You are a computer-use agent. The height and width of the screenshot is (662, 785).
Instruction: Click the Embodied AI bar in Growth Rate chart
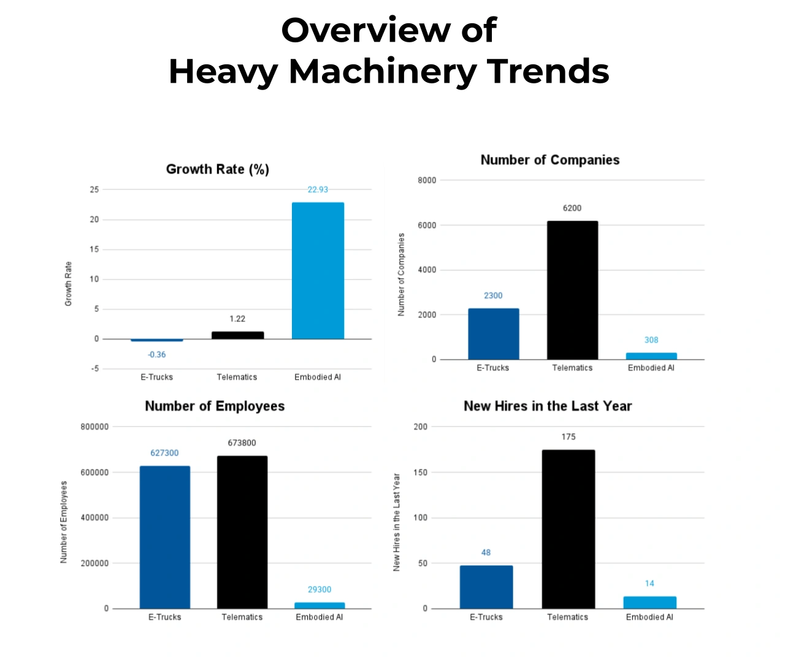318,270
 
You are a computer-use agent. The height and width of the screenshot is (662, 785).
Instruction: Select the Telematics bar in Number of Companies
572,290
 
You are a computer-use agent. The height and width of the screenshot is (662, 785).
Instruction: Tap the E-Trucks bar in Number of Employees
165,537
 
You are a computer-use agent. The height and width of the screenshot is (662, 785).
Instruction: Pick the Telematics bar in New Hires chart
568,529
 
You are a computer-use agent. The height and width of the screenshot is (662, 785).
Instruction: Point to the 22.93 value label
318,189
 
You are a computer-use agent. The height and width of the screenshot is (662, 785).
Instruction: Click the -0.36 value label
157,354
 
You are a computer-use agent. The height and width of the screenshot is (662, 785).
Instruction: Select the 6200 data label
572,208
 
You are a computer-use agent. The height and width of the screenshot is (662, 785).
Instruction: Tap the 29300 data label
320,590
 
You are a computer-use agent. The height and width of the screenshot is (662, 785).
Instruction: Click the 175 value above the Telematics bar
569,437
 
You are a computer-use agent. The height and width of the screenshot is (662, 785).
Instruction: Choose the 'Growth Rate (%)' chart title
218,169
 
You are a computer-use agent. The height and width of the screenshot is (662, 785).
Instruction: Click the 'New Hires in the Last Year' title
548,406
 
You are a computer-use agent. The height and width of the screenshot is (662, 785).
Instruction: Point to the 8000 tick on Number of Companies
427,180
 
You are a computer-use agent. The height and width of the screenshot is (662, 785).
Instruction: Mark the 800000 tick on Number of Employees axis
94,427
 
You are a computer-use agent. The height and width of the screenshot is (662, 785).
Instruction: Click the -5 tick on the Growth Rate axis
95,369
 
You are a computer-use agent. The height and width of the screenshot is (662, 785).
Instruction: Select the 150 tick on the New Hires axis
421,473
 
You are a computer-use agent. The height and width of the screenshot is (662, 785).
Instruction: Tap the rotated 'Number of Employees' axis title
64,522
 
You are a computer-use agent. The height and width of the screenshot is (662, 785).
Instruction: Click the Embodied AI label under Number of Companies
651,368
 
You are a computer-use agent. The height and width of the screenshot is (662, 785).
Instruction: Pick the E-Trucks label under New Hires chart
486,617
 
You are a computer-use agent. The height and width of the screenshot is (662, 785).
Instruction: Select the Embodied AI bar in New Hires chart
650,603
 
